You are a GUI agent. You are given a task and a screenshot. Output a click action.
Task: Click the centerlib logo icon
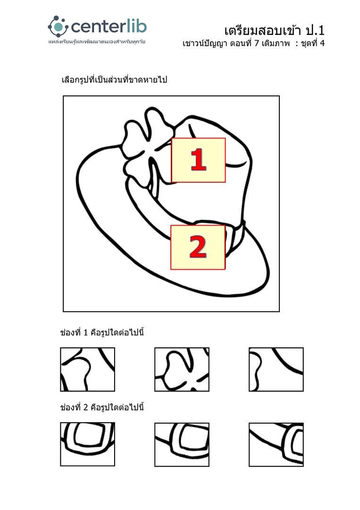(x=58, y=26)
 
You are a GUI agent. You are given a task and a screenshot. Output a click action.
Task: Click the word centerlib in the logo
(x=109, y=26)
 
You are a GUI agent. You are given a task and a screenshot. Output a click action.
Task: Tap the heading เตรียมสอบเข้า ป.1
(x=274, y=30)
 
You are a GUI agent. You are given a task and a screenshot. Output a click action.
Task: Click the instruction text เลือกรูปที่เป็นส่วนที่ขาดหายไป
(x=114, y=80)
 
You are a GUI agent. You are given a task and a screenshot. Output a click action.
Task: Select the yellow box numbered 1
(x=198, y=160)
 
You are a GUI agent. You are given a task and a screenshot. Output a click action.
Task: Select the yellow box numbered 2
(x=198, y=247)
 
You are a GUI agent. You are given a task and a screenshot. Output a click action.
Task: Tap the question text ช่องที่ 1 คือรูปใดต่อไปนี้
(x=102, y=332)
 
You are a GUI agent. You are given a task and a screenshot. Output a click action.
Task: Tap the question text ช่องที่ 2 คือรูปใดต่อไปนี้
(x=102, y=407)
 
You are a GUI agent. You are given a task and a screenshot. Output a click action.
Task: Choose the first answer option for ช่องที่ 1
(x=87, y=369)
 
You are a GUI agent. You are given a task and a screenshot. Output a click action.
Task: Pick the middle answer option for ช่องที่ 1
(x=182, y=369)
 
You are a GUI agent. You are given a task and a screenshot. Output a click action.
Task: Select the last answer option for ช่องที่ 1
(x=276, y=369)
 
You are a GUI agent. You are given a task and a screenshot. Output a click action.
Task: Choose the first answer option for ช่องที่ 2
(x=87, y=444)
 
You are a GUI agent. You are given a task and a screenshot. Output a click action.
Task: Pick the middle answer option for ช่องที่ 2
(x=182, y=444)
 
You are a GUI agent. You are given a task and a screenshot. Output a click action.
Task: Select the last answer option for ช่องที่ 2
(x=276, y=444)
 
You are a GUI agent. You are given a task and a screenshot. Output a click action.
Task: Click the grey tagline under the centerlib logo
(x=97, y=42)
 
